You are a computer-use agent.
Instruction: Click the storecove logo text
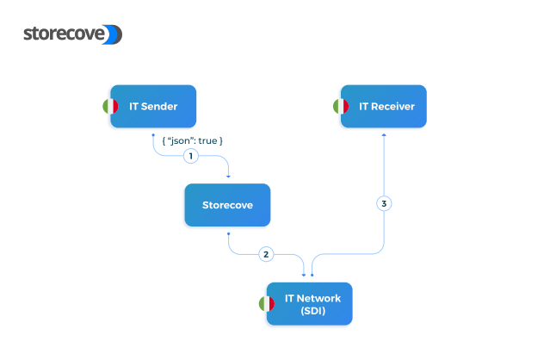tap(65, 34)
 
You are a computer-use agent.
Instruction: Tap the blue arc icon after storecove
tap(114, 34)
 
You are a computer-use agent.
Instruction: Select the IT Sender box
tap(154, 106)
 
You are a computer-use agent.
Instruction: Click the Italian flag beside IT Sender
tap(110, 106)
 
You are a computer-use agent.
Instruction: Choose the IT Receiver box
tap(384, 106)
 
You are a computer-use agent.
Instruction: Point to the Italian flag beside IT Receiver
tap(341, 106)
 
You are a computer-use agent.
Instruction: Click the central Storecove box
tap(227, 205)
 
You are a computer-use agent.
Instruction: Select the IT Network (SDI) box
tap(310, 303)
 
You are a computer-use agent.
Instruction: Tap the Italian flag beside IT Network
tap(267, 303)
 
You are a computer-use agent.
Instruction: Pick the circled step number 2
tap(267, 254)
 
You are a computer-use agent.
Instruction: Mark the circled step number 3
tap(384, 204)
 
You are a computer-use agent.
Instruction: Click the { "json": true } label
tap(192, 140)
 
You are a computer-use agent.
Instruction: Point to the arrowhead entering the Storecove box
tap(228, 177)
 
